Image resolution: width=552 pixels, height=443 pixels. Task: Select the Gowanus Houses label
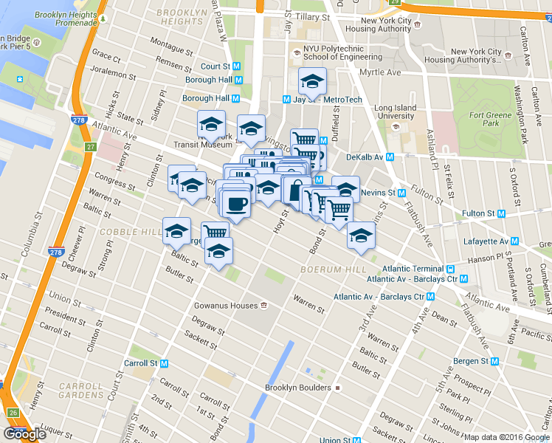[225, 306]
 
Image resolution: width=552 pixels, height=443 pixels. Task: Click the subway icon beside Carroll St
[165, 363]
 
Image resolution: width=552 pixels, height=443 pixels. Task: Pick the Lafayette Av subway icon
[514, 241]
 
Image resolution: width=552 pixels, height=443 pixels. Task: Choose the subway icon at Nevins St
[401, 193]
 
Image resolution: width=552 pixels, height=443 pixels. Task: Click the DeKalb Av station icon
[390, 157]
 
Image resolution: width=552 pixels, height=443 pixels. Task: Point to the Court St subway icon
[237, 66]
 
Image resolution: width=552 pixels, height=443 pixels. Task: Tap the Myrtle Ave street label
[379, 72]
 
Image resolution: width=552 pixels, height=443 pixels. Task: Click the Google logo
[24, 434]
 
